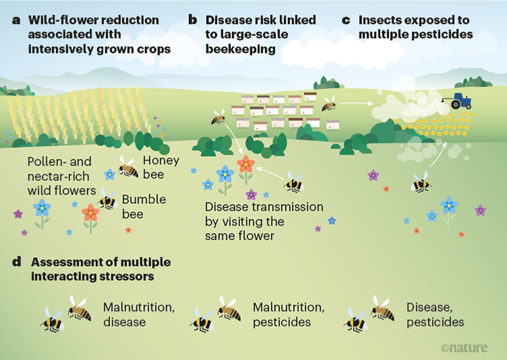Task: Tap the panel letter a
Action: tap(15, 20)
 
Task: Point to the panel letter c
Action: tap(346, 20)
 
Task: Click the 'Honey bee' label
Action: tap(161, 168)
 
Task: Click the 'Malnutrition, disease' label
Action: tap(139, 314)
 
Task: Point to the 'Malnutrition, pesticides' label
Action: tap(288, 314)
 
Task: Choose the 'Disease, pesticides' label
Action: tap(435, 314)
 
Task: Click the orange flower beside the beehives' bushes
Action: tap(246, 164)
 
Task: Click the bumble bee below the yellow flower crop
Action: tap(421, 182)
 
